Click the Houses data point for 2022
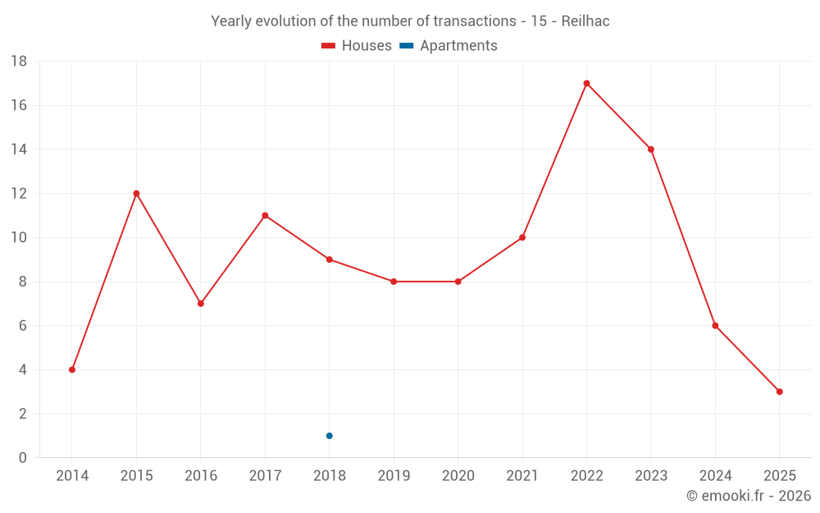pos(586,83)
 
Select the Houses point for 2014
pos(72,369)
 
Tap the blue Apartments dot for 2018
pos(329,436)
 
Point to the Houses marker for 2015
pos(136,194)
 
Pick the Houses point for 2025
pos(779,392)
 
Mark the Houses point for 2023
pos(650,149)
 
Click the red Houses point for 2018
pos(329,259)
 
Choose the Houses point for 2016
pos(200,304)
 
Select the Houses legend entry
pos(357,46)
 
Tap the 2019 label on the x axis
pos(393,475)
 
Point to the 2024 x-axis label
pos(715,475)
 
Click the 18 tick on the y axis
pos(18,62)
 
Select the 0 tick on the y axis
pos(23,458)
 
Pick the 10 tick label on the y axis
pos(18,238)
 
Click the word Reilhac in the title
pos(585,21)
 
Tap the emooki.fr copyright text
pos(749,496)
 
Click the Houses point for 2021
pos(522,238)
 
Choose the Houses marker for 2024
pos(715,326)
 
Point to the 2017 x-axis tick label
pos(265,475)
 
